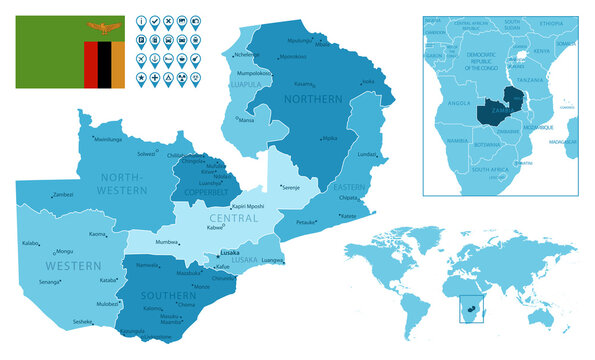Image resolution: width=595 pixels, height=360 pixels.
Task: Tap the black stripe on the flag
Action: click(104, 64)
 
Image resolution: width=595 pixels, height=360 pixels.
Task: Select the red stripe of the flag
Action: click(90, 64)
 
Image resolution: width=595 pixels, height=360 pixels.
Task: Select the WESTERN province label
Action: click(73, 266)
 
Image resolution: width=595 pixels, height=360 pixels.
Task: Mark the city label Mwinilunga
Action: click(108, 140)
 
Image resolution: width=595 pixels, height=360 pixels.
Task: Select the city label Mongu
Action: click(65, 251)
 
